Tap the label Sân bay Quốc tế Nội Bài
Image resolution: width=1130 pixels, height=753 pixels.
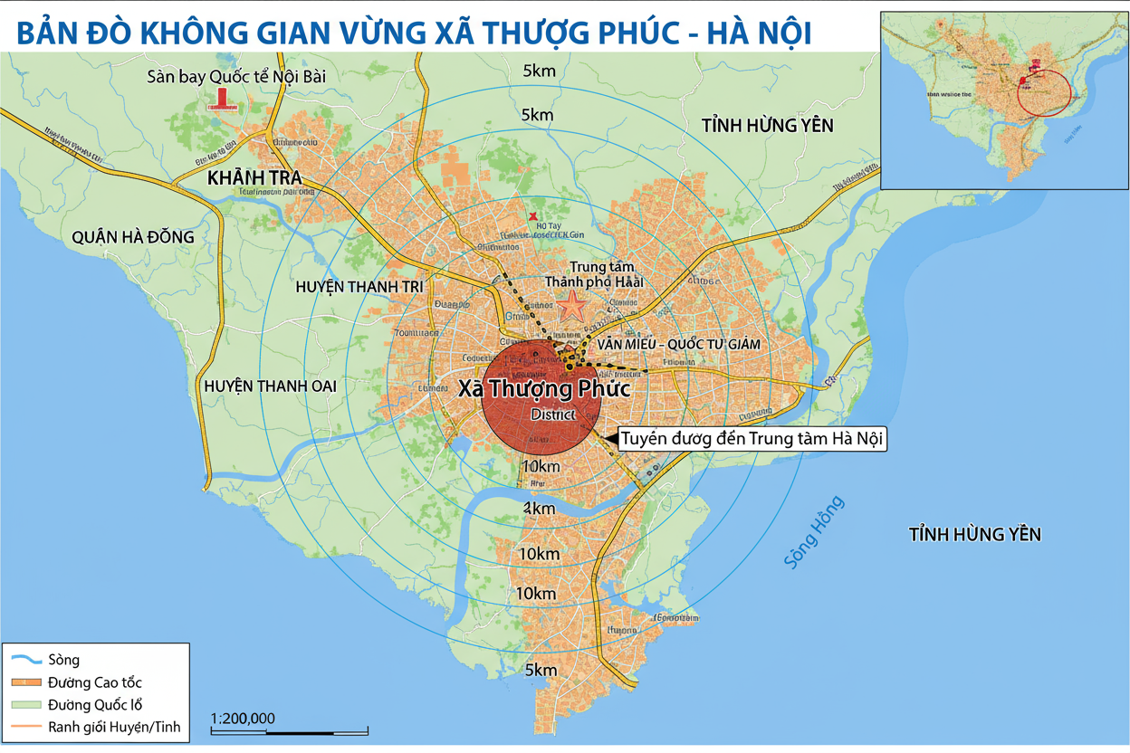coord(236,77)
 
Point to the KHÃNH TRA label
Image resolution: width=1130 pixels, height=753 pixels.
coord(254,176)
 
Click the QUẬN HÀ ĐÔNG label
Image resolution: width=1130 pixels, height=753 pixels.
coord(132,237)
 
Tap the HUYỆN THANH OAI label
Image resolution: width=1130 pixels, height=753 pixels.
coord(271,386)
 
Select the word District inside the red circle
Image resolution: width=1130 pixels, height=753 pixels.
coord(553,415)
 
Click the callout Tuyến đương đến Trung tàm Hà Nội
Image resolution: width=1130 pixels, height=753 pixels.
coord(752,439)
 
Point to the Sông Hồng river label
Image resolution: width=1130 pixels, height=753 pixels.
coord(814,532)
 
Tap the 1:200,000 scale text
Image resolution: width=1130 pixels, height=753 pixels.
coord(242,719)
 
